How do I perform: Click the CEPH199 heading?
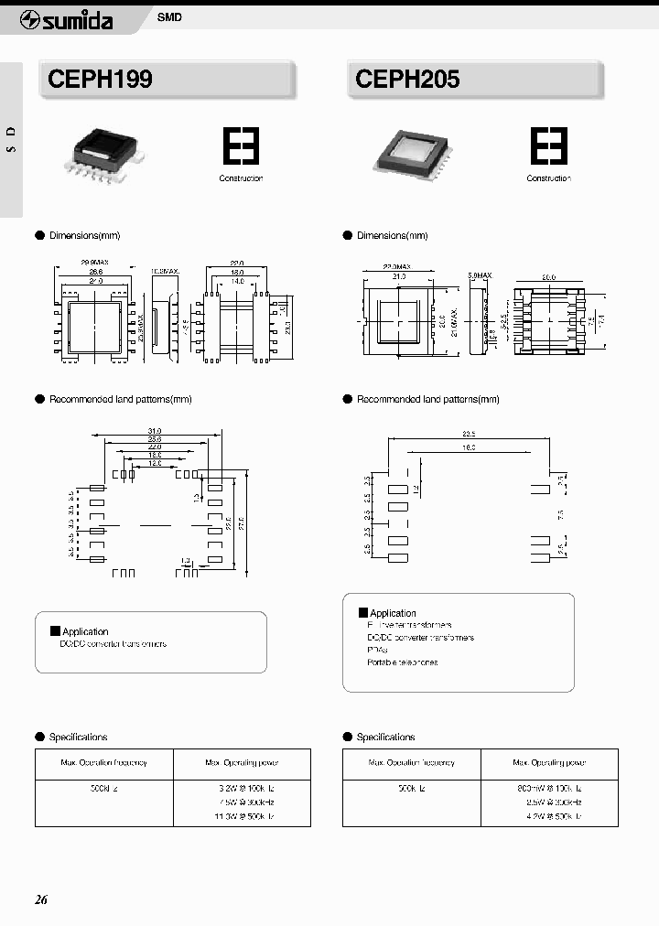point(101,80)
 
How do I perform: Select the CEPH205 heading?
point(408,80)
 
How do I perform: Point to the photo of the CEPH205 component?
point(410,150)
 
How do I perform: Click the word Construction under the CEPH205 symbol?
point(548,178)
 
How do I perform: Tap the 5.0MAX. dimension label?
point(481,274)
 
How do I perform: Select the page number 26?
point(41,899)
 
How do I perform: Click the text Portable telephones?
point(402,662)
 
